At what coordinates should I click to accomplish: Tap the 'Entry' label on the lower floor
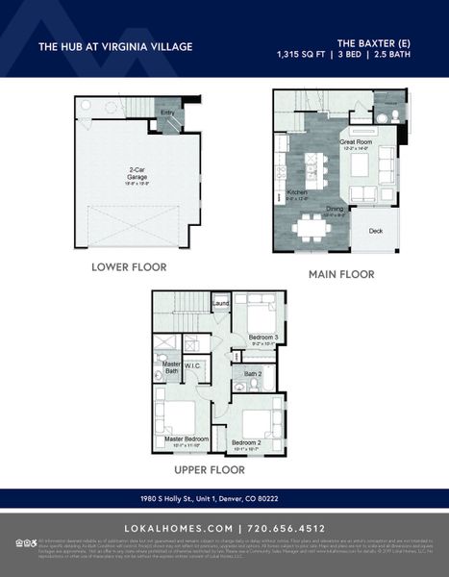tap(167, 113)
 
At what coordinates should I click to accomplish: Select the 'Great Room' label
tap(355, 142)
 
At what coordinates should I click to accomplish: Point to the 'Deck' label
tap(375, 231)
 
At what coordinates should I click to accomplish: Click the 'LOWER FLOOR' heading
tap(129, 266)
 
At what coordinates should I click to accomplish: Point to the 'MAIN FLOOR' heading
tap(341, 274)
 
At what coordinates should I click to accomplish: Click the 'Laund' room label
tap(220, 305)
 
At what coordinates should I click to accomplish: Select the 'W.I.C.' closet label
tap(192, 365)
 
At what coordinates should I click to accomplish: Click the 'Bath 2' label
tap(253, 373)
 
